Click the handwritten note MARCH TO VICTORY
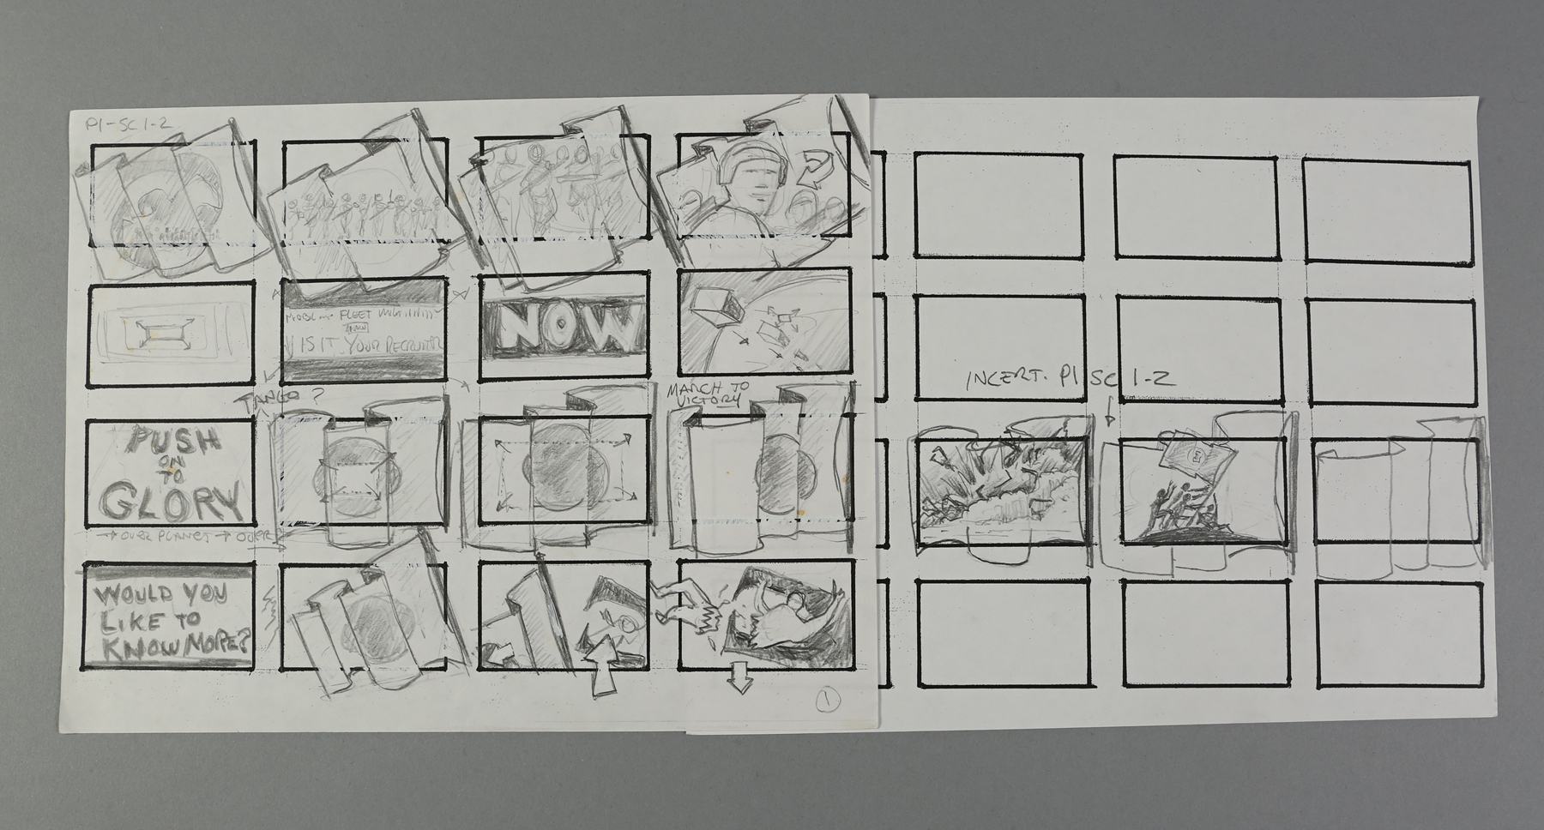708,394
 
